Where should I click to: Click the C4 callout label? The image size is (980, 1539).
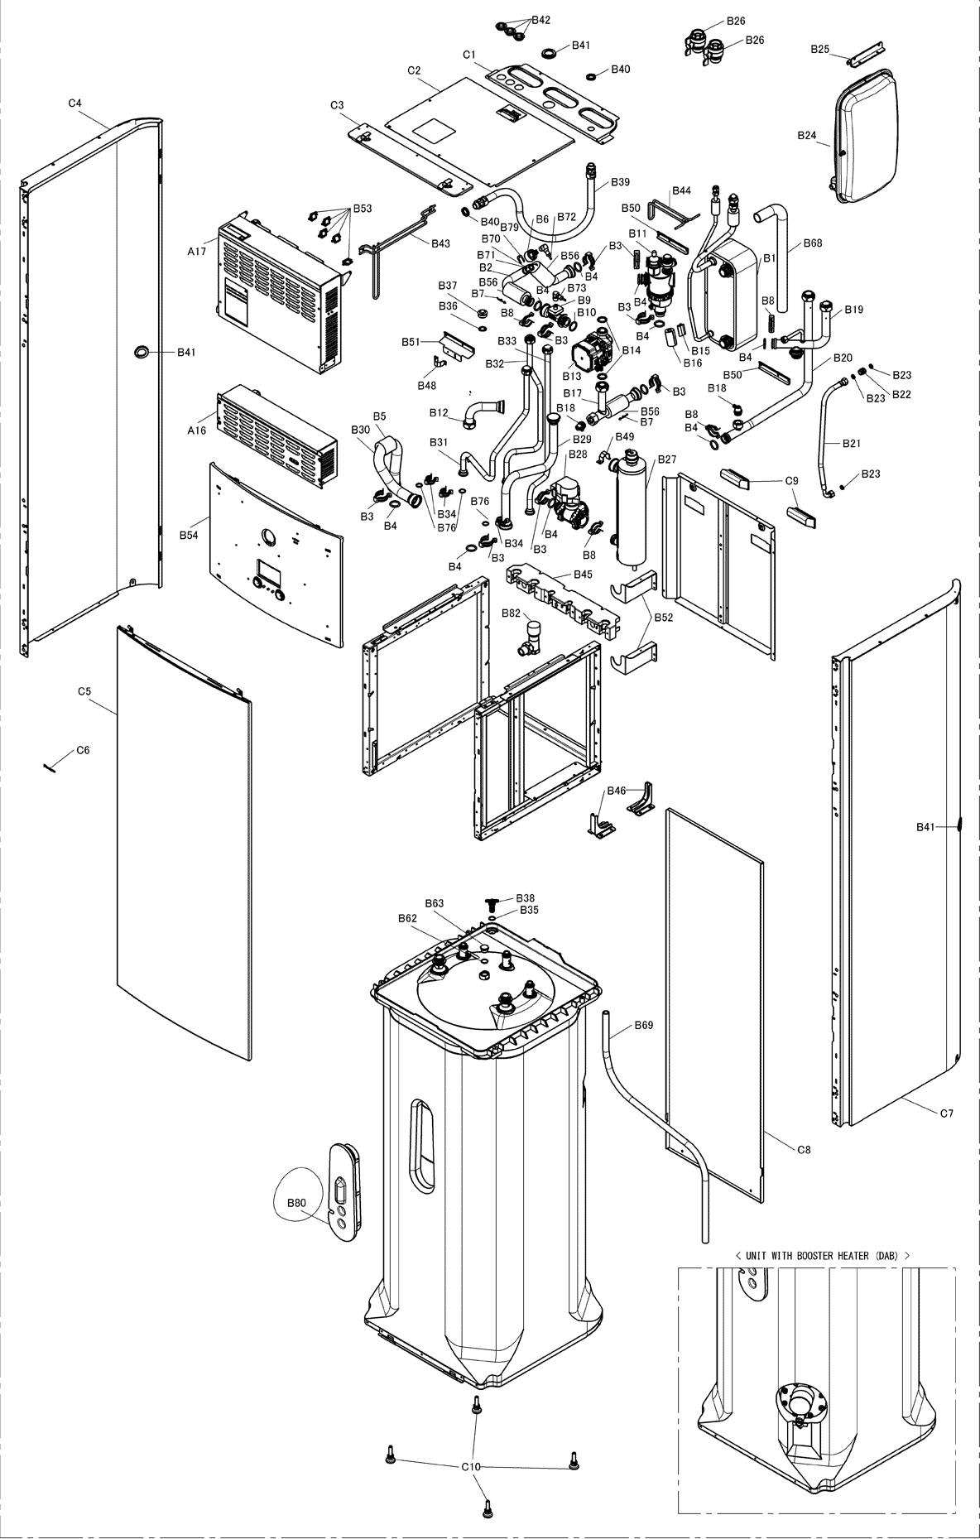(x=74, y=103)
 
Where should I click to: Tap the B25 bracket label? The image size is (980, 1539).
(x=819, y=50)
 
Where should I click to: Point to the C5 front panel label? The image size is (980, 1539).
(x=84, y=690)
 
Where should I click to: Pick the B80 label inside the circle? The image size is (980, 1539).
(x=296, y=1202)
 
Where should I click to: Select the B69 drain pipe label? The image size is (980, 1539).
(x=643, y=1025)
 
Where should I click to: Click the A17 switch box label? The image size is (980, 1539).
(x=196, y=251)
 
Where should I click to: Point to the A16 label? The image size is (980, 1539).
(x=196, y=430)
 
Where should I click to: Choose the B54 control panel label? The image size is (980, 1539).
(x=189, y=536)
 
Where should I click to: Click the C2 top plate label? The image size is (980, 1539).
(x=415, y=70)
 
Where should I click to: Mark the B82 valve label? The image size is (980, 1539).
(x=511, y=612)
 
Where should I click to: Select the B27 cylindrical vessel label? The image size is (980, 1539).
(x=667, y=459)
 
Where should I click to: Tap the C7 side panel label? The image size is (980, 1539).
(x=946, y=1113)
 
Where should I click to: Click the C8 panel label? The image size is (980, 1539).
(x=804, y=1149)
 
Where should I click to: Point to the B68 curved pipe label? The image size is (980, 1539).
(x=813, y=243)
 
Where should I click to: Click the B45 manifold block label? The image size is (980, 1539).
(x=583, y=574)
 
